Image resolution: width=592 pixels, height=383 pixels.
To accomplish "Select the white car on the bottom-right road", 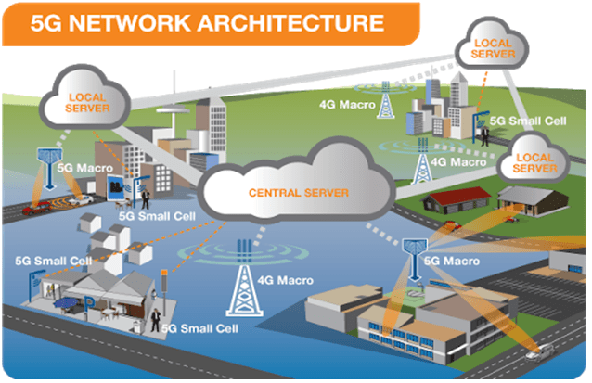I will point(538,351).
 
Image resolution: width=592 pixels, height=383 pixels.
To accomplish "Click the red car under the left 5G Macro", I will point(32,209).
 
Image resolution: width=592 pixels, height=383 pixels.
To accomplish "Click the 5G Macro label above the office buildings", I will point(451,262).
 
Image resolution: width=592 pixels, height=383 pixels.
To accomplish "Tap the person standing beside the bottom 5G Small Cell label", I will point(155,320).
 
